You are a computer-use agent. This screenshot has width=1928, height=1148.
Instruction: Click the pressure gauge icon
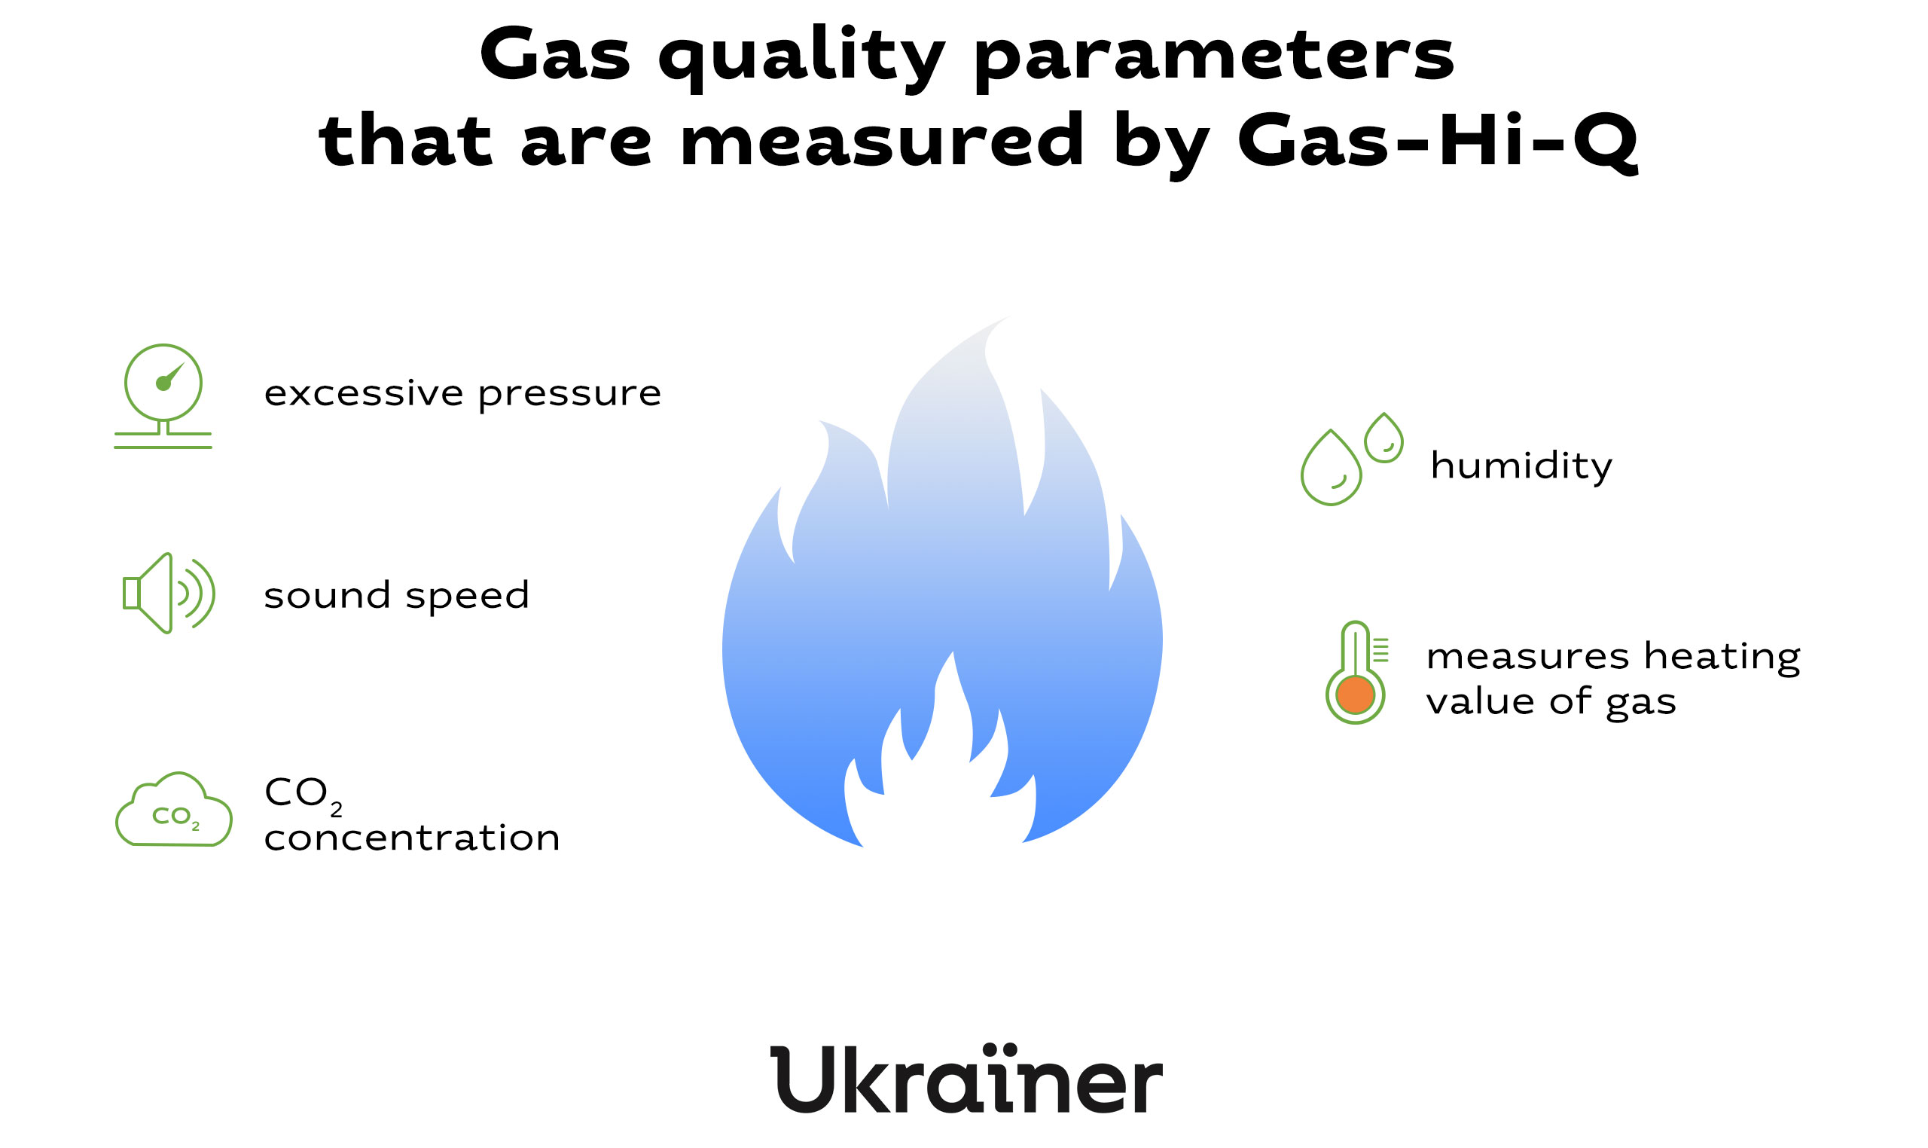pos(163,396)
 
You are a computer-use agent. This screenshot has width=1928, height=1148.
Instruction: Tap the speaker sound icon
pos(169,594)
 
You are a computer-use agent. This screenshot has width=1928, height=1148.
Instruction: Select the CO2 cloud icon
pos(173,809)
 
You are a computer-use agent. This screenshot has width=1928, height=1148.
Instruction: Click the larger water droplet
pos(1330,468)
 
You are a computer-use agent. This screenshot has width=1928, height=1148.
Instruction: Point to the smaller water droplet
pos(1383,438)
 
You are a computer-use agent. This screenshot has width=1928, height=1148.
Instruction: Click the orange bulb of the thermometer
pos(1355,695)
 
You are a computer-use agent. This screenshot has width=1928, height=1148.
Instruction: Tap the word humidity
pos(1521,466)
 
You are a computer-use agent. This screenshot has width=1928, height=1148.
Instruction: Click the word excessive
pos(364,393)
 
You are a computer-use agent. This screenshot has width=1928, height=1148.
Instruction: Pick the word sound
pos(327,595)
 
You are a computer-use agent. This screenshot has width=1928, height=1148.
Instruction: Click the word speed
pos(467,597)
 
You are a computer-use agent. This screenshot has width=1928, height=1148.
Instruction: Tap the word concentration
pos(412,838)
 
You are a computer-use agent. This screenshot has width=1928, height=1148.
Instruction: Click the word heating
pos(1722,658)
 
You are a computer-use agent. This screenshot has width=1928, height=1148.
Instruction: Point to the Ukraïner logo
pos(966,1080)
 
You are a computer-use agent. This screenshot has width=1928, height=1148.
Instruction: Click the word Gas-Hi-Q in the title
pos(1437,141)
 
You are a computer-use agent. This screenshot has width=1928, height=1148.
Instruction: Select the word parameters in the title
pos(1213,58)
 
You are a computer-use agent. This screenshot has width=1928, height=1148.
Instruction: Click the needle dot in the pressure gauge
pos(163,383)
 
